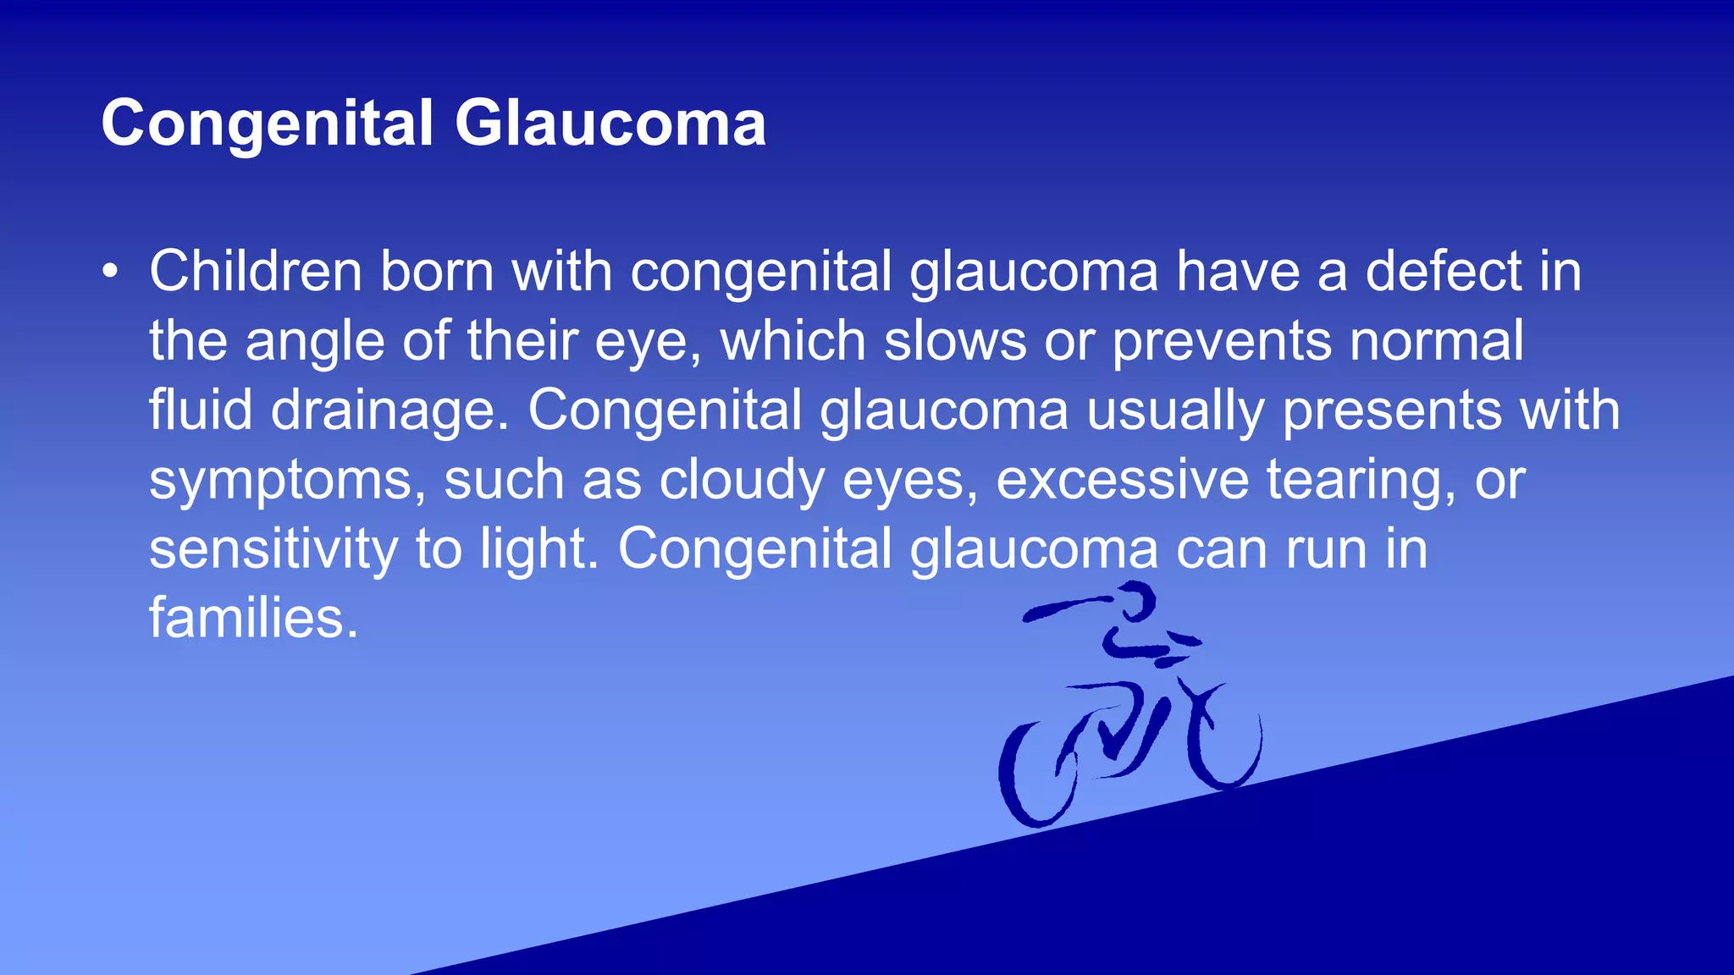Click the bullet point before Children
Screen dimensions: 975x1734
pos(109,273)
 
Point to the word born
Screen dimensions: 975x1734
pos(437,272)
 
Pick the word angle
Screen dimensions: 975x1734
pos(315,343)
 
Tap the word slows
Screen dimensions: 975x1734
pos(955,341)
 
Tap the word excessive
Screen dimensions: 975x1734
pos(1122,480)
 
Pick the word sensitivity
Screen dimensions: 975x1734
pos(273,549)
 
